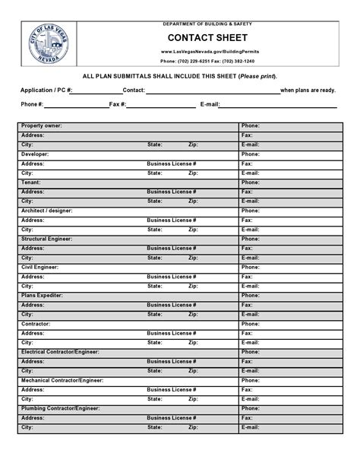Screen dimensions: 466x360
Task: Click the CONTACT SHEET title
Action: (207, 38)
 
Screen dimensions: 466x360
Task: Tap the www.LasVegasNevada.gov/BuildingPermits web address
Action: (207, 51)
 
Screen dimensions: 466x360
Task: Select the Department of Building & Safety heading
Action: (207, 24)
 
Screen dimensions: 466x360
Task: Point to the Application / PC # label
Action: (46, 90)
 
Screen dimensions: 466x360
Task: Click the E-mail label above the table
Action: (210, 104)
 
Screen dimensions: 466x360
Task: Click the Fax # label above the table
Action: (118, 104)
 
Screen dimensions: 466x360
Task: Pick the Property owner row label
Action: (42, 125)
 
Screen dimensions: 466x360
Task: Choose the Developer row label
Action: (35, 154)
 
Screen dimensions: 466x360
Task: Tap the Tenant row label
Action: (31, 182)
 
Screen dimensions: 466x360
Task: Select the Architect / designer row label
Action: (47, 211)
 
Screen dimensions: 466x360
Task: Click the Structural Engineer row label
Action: (47, 239)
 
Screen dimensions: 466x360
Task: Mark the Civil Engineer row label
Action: (39, 267)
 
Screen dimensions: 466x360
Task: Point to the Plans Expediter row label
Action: (43, 295)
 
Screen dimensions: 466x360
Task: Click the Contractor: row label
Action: (36, 324)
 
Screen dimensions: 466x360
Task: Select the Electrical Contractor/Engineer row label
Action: (61, 352)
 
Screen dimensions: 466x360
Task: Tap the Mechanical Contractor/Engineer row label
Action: (62, 380)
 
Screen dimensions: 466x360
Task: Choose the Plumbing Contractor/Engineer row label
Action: (60, 408)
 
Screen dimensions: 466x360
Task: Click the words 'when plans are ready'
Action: (308, 90)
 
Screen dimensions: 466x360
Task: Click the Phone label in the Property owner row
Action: (251, 125)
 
